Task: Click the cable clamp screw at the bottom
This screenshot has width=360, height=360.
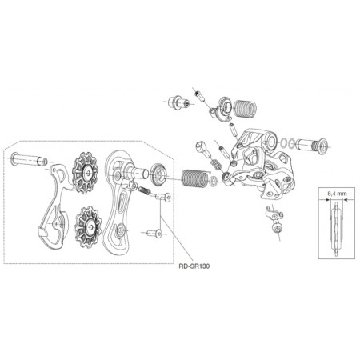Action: (x=277, y=229)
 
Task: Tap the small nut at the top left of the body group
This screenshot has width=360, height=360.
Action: (x=174, y=102)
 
